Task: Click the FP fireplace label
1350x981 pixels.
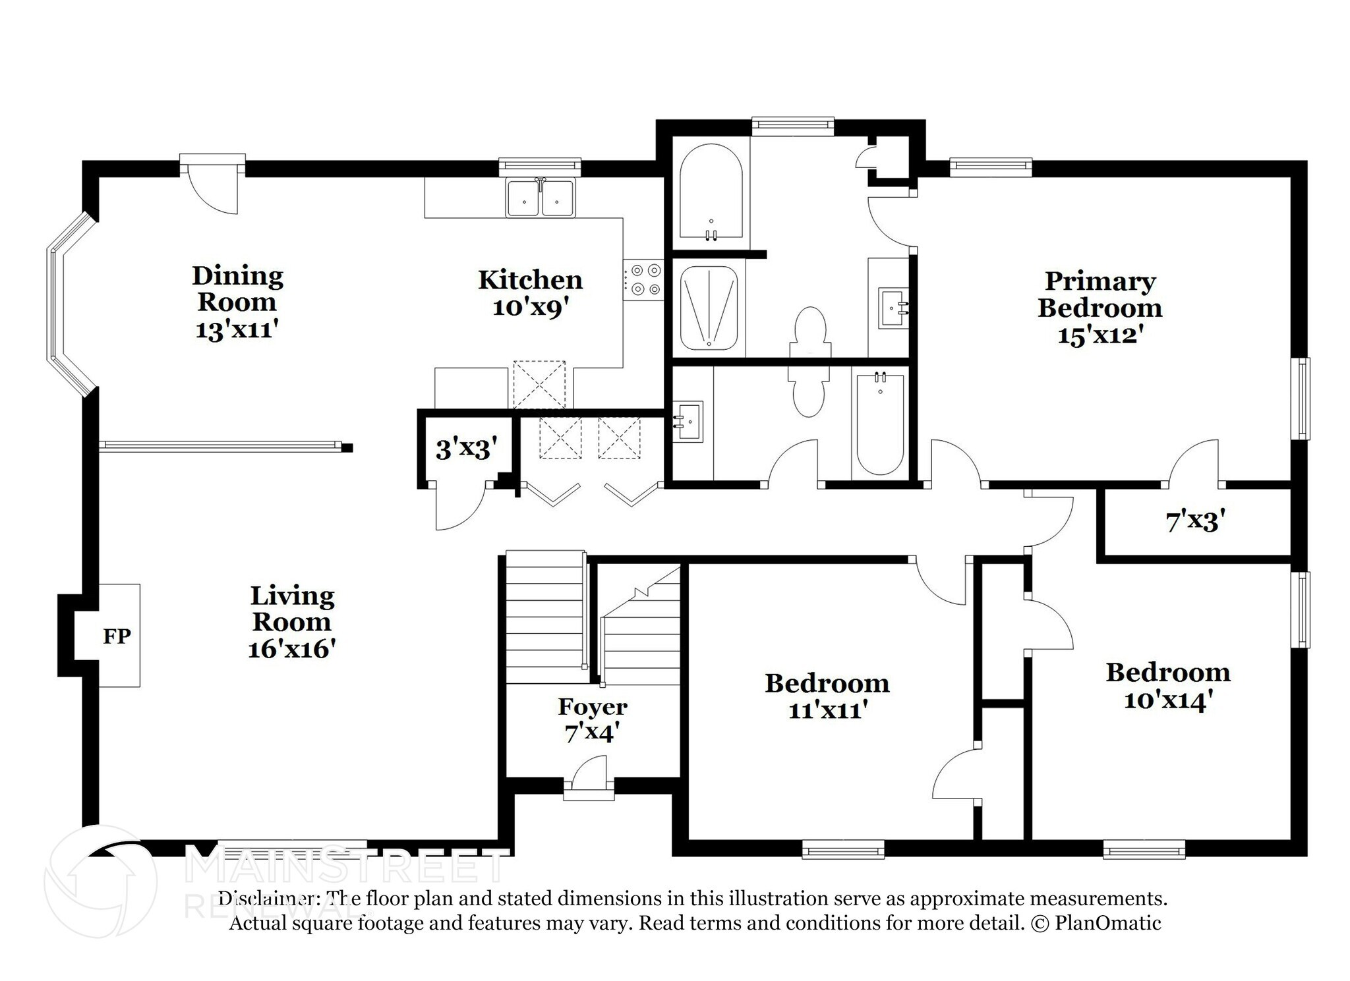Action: click(x=117, y=636)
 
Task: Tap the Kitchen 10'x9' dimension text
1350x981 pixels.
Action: click(x=530, y=308)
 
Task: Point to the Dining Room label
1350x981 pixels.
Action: click(x=237, y=289)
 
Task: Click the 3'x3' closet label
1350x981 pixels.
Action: click(x=465, y=449)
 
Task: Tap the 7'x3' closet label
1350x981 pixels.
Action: click(x=1195, y=522)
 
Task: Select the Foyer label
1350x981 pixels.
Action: click(x=592, y=708)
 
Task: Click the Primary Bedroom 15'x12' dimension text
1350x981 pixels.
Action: click(x=1100, y=335)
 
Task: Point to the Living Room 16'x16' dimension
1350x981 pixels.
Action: click(x=292, y=650)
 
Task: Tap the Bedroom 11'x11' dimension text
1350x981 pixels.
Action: click(x=827, y=710)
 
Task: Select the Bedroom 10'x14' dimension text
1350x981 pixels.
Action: click(x=1168, y=700)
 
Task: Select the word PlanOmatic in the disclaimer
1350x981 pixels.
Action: click(x=1107, y=923)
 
